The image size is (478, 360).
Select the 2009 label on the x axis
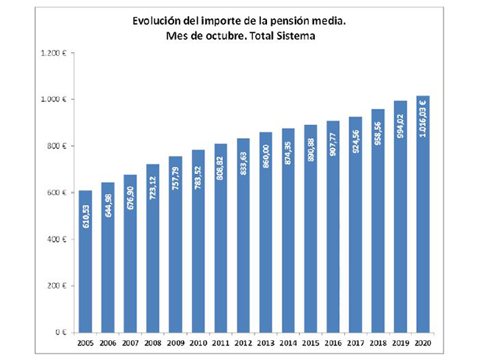175,343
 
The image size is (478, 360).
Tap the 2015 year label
310,343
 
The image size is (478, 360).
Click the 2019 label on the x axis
400,343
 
